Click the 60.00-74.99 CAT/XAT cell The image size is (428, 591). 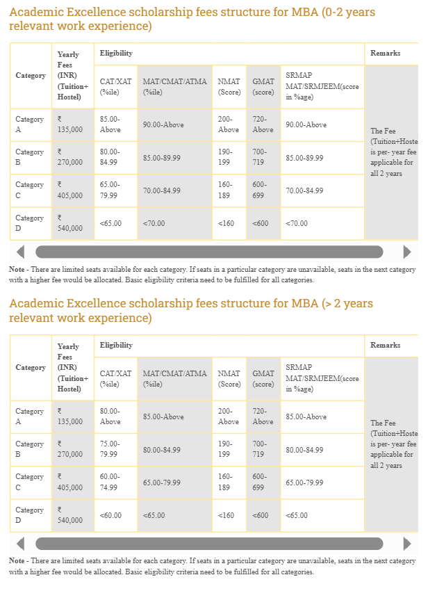(110, 482)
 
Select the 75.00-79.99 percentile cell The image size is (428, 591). (110, 449)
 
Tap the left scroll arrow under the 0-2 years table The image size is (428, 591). (20, 252)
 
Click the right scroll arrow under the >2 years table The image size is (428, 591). (407, 544)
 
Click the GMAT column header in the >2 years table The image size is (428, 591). (263, 378)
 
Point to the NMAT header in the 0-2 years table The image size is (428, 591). (229, 86)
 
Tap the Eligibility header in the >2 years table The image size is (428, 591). (116, 346)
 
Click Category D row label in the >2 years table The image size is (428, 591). (29, 515)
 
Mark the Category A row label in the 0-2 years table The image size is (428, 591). (29, 124)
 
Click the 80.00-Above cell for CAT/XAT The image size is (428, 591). (110, 416)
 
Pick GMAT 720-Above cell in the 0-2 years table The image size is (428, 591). (263, 124)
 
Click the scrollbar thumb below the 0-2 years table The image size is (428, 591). (208, 252)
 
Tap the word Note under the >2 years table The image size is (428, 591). (17, 560)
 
